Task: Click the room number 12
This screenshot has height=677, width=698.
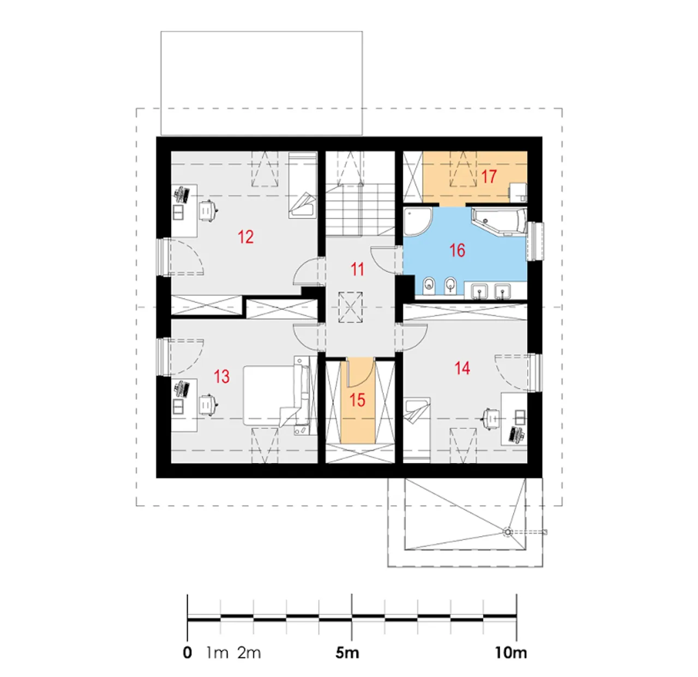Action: pyautogui.click(x=245, y=237)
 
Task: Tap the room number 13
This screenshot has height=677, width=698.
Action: pyautogui.click(x=221, y=376)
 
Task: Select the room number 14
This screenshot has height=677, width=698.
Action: pyautogui.click(x=462, y=368)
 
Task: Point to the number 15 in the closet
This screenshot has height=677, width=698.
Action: pyautogui.click(x=357, y=400)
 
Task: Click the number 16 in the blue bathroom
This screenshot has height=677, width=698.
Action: pyautogui.click(x=458, y=250)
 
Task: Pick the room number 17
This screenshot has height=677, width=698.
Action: pyautogui.click(x=489, y=177)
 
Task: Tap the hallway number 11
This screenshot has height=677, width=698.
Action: pyautogui.click(x=357, y=269)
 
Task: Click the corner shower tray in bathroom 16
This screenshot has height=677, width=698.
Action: pyautogui.click(x=418, y=221)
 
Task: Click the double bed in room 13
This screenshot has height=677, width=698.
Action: pyautogui.click(x=276, y=396)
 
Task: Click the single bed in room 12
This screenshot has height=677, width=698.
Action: pyautogui.click(x=303, y=185)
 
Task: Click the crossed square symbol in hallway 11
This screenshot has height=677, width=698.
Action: pyautogui.click(x=351, y=308)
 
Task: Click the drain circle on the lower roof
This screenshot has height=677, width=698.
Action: pyautogui.click(x=507, y=532)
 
